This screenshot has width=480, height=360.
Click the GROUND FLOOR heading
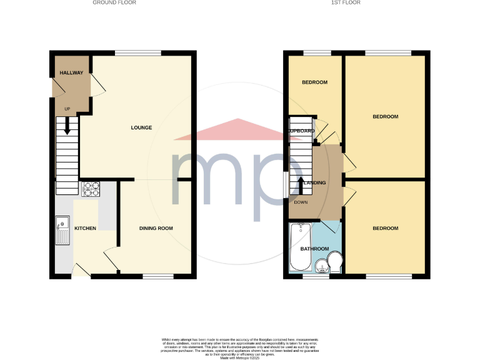pyautogui.click(x=114, y=2)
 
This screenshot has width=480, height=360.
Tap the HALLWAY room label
pyautogui.click(x=71, y=73)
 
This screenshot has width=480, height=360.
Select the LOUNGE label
pyautogui.click(x=141, y=127)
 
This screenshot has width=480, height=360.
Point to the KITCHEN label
pyautogui.click(x=85, y=228)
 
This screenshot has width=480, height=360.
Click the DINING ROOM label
pyautogui.click(x=156, y=228)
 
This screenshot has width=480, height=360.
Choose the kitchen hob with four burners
pyautogui.click(x=91, y=188)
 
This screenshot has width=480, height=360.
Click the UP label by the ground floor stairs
pyautogui.click(x=67, y=109)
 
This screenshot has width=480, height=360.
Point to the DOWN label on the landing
pyautogui.click(x=301, y=202)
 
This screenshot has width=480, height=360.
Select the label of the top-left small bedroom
pyautogui.click(x=314, y=82)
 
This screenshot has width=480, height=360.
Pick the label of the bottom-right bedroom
pyautogui.click(x=385, y=228)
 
